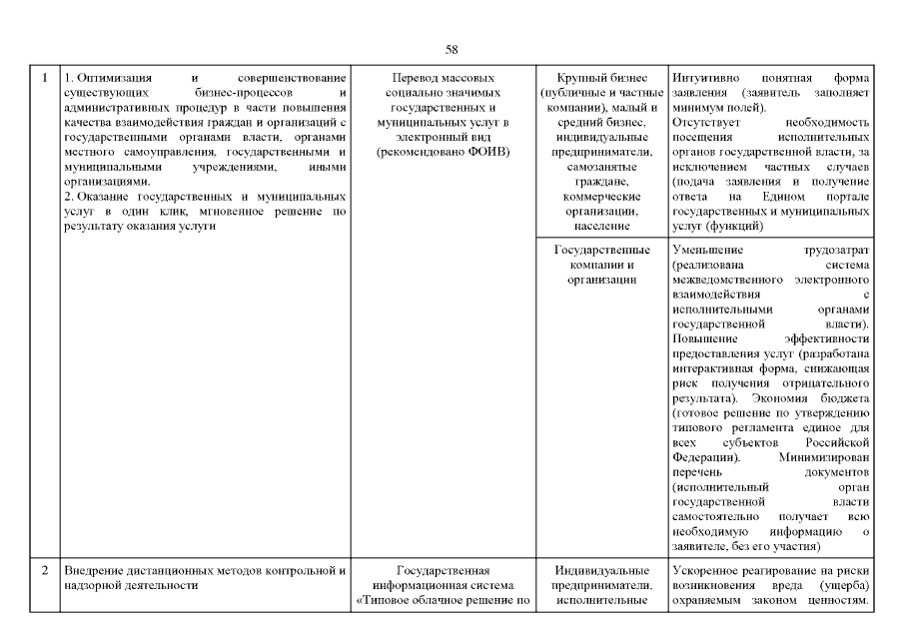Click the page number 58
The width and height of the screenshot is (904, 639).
[x=452, y=49]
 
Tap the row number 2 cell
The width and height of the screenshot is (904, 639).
[x=44, y=571]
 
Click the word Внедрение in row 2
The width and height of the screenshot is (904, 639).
[x=97, y=571]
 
